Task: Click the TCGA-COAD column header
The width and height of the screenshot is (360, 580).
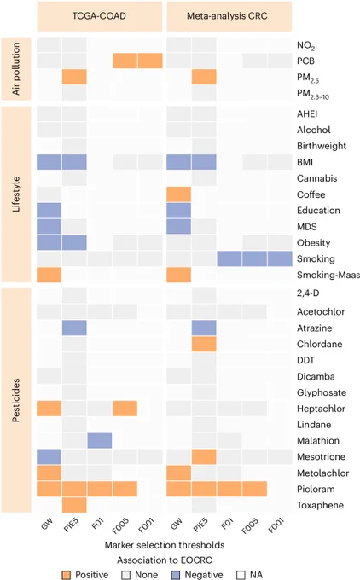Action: [99, 16]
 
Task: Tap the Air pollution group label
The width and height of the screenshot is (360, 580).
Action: [16, 69]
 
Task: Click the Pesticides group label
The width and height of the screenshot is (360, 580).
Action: [16, 400]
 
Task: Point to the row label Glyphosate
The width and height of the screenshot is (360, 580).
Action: [322, 392]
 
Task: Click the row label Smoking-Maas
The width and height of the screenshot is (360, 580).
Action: [328, 275]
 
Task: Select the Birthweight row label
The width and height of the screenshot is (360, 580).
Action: [322, 146]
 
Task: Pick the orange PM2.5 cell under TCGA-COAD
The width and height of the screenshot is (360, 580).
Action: [74, 77]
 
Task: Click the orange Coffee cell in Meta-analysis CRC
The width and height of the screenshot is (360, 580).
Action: [178, 194]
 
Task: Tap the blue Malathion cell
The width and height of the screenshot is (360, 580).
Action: [100, 441]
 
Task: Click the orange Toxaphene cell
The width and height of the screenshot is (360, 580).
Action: [74, 505]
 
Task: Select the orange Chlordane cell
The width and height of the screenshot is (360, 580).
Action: [204, 344]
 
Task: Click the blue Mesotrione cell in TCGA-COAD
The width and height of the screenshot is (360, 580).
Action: [49, 457]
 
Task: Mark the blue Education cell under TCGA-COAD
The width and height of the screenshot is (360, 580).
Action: [49, 211]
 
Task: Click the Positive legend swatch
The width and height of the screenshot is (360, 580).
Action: [67, 575]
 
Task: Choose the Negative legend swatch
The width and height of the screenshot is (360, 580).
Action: [176, 575]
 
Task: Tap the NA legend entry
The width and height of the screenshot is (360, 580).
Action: [250, 575]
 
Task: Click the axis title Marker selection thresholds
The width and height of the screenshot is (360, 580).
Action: [165, 545]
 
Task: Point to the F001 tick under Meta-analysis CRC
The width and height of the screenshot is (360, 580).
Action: [276, 525]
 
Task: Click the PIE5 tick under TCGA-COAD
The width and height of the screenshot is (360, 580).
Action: [71, 525]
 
